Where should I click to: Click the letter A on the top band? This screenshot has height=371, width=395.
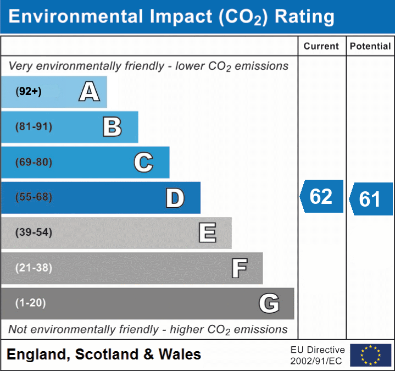point(89,92)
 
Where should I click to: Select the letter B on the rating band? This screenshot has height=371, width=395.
point(112,127)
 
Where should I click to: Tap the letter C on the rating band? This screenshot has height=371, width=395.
point(143,162)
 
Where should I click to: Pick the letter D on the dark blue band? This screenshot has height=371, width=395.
point(175,198)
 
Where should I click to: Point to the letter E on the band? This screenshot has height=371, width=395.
point(207,233)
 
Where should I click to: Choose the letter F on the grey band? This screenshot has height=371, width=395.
point(238,268)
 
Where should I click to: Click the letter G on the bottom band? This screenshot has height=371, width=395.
point(269,303)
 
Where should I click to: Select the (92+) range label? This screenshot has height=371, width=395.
point(29,92)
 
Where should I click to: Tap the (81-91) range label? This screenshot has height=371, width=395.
point(34,127)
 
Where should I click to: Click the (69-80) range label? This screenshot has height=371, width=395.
point(34,162)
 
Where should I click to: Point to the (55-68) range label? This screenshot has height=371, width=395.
point(34,197)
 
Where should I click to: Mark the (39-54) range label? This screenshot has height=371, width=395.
point(34,232)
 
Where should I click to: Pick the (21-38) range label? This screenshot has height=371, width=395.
point(34,268)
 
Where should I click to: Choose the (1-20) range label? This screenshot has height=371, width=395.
point(31,303)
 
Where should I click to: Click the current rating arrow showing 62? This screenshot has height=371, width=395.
point(321,196)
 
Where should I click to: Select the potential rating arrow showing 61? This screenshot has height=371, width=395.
point(371,199)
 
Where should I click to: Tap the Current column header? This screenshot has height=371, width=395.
point(321,47)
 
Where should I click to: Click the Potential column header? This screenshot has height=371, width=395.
point(370,47)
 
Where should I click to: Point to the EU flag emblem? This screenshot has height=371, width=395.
point(370,355)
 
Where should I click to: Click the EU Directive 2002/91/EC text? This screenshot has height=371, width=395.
point(318,355)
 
